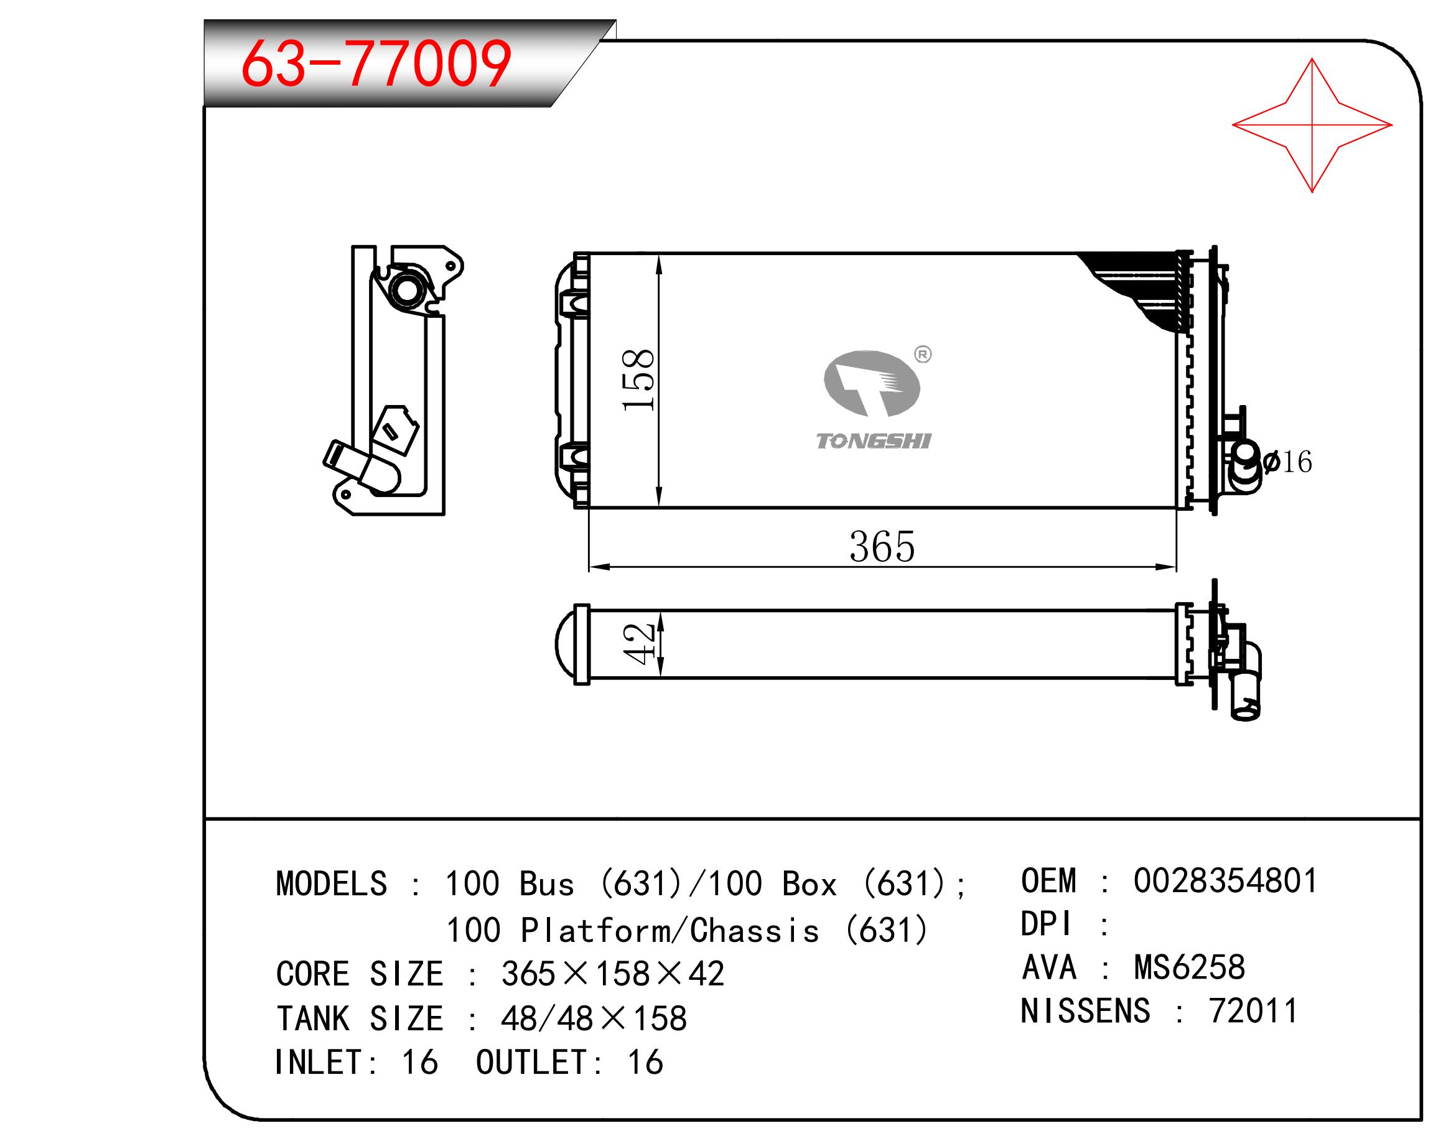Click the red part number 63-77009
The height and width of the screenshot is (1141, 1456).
point(376,64)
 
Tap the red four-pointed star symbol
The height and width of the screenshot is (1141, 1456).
point(1312,125)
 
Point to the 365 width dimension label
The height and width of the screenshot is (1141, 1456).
point(882,547)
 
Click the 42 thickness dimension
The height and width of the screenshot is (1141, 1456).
point(638,643)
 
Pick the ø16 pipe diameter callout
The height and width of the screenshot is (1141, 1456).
point(1287,462)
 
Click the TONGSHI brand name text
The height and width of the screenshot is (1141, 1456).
point(874,441)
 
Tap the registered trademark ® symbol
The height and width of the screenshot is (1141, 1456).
point(923,354)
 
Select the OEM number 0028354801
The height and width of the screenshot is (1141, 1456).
point(1226,880)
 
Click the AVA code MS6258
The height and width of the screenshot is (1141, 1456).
point(1190,967)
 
